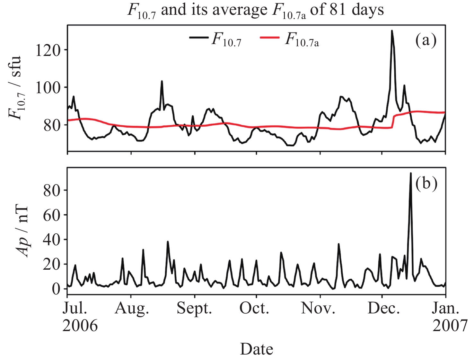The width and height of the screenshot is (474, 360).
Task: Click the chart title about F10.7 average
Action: click(x=256, y=10)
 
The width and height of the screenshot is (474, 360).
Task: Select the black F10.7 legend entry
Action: click(x=215, y=40)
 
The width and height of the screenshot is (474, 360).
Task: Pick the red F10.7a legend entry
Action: click(x=289, y=40)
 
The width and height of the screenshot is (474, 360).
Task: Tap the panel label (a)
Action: click(x=426, y=40)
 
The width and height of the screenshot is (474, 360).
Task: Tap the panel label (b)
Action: click(x=426, y=184)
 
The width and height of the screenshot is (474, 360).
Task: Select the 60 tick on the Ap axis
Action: click(x=51, y=215)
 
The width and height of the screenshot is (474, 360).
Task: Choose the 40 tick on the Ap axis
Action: click(x=51, y=240)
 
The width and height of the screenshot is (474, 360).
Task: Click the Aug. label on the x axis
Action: click(x=132, y=309)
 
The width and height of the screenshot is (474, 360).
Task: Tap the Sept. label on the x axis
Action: click(x=194, y=309)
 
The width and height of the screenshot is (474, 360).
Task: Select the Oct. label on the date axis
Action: click(x=254, y=309)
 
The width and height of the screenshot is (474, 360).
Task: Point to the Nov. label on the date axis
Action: click(x=318, y=309)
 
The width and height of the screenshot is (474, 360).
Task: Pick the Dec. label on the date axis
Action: click(x=383, y=309)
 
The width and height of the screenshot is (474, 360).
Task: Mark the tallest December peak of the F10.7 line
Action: click(x=392, y=31)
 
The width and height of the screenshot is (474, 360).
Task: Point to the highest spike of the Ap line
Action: click(x=410, y=174)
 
